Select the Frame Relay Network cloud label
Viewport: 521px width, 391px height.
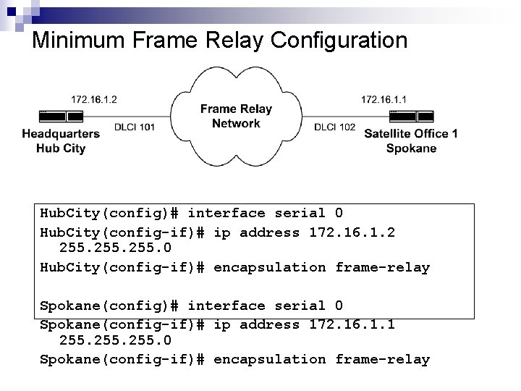pos(236,116)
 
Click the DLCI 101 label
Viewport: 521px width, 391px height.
pos(135,127)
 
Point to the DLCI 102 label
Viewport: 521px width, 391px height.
pos(335,127)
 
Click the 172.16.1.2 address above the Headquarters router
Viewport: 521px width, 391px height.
pos(94,99)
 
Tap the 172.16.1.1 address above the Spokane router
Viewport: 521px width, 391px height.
pos(384,99)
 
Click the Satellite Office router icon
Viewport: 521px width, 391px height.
pos(411,116)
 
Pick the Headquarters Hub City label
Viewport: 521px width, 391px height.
pos(61,141)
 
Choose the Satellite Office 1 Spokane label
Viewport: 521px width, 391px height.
pos(411,141)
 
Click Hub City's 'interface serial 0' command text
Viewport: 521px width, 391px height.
pos(265,213)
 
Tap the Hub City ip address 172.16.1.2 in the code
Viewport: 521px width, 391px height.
pos(352,232)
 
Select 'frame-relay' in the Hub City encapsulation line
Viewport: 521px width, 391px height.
pos(382,267)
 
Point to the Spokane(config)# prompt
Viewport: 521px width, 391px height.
pos(109,306)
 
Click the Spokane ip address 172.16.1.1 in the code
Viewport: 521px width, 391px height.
pos(352,324)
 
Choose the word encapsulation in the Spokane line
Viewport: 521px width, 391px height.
pos(270,359)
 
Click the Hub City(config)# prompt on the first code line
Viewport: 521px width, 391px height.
pos(109,213)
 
